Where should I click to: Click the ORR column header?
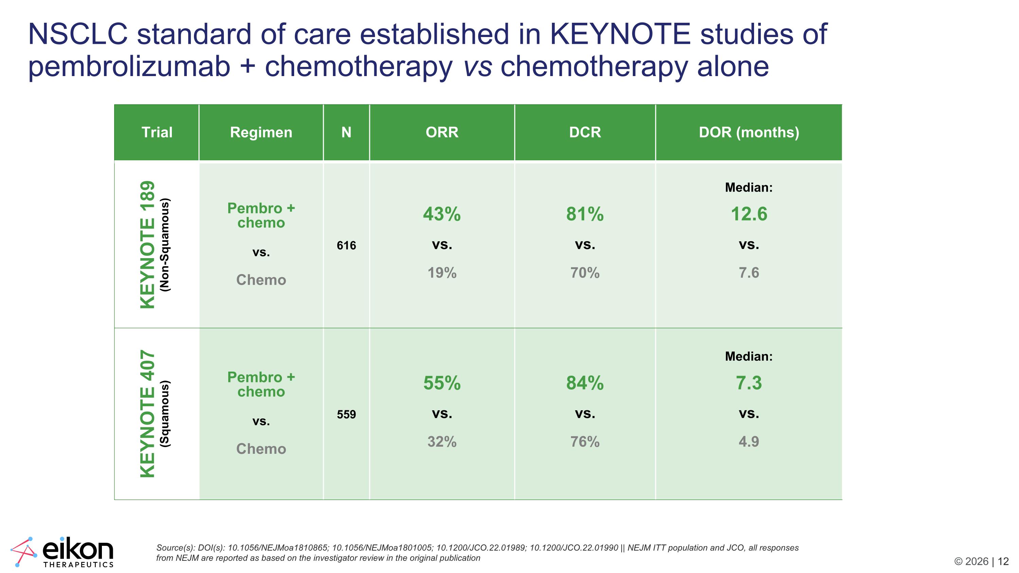tap(442, 132)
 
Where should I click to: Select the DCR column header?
tap(585, 132)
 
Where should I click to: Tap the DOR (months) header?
tap(749, 132)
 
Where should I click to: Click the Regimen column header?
tap(261, 132)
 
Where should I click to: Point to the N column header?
tap(346, 132)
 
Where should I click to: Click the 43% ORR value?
tap(442, 214)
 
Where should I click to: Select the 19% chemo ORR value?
tap(442, 272)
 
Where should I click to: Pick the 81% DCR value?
tap(585, 214)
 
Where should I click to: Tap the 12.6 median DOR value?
tap(749, 214)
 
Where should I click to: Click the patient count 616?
tap(346, 246)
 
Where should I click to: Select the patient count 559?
tap(346, 414)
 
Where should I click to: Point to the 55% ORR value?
tap(442, 383)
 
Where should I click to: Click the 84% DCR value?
tap(585, 383)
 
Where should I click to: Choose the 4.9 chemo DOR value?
tap(749, 441)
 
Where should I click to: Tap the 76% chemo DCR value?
tap(585, 441)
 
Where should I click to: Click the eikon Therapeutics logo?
tap(62, 552)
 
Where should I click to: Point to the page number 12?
tap(1003, 561)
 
